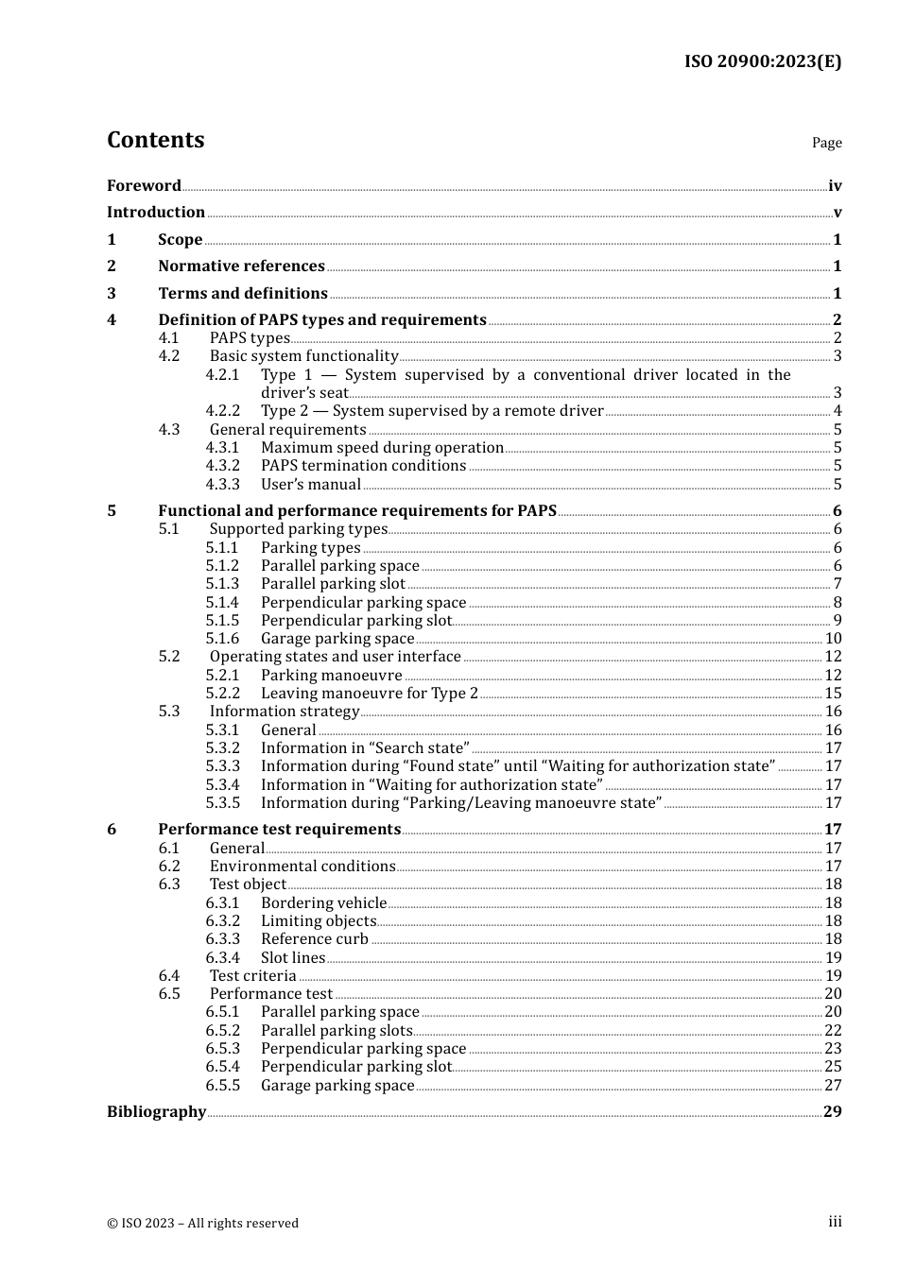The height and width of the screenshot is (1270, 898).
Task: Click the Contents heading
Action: tap(155, 140)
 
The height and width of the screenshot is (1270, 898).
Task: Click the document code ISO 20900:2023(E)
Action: tap(762, 61)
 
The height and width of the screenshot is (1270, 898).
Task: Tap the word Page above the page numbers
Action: tap(826, 143)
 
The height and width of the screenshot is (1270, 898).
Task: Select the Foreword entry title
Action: tap(144, 186)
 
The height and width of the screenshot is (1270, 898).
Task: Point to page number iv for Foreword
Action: tap(835, 186)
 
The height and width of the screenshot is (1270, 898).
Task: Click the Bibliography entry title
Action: tap(156, 1112)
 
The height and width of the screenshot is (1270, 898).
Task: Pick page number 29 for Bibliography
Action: tap(832, 1112)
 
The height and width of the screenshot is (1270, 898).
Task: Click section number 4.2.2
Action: tap(223, 411)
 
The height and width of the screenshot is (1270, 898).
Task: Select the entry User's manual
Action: tap(310, 485)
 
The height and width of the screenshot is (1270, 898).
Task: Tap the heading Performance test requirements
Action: tap(279, 830)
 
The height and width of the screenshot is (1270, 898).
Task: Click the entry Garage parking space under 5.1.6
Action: tap(337, 639)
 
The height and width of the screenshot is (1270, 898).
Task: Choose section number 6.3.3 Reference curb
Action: tap(223, 939)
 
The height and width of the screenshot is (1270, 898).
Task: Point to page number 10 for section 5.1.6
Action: tap(833, 639)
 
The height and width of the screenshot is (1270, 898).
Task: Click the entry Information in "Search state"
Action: tap(365, 748)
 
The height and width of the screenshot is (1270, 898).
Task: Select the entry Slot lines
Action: tap(293, 958)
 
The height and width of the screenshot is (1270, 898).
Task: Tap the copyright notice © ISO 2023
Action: tap(202, 1224)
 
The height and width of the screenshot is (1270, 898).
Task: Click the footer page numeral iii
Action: tap(835, 1222)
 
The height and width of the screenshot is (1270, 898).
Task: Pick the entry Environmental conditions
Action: tap(302, 867)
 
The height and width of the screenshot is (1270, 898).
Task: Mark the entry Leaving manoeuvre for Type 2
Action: tap(370, 694)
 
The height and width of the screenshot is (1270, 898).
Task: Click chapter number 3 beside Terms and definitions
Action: tap(112, 294)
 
